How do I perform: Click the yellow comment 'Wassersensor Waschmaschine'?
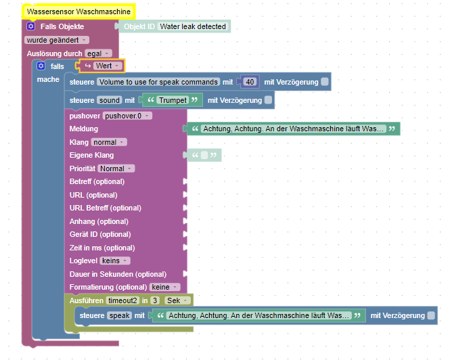(78, 12)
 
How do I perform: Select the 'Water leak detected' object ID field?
(194, 26)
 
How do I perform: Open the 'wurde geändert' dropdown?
(56, 40)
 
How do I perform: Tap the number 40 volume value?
(250, 82)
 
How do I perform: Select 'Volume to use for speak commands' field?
(158, 82)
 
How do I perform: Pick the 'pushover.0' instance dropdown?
(127, 116)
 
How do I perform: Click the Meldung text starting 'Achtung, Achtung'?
(293, 129)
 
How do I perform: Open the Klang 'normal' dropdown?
(108, 142)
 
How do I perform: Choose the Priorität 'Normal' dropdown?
(116, 168)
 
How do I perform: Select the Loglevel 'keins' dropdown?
(115, 261)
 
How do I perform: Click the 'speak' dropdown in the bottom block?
(120, 315)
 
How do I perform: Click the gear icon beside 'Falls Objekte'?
(30, 26)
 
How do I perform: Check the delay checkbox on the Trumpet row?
(269, 100)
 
